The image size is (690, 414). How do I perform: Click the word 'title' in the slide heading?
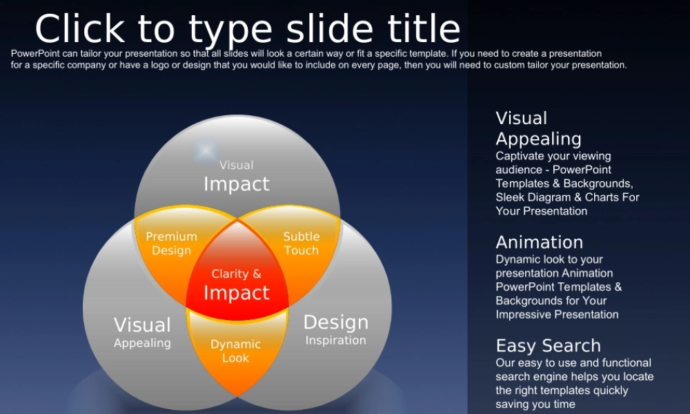(x=424, y=28)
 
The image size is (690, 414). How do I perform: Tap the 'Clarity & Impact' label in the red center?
(x=236, y=285)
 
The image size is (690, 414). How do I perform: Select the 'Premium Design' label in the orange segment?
(x=172, y=244)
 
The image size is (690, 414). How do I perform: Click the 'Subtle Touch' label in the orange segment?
(x=302, y=244)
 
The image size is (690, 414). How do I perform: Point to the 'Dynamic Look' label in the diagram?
(x=235, y=351)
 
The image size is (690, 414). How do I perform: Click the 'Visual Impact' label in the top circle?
(x=236, y=177)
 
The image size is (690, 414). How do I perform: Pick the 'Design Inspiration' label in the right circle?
(x=336, y=330)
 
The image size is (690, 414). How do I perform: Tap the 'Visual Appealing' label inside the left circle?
(x=142, y=332)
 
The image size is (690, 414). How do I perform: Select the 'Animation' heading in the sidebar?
(x=540, y=242)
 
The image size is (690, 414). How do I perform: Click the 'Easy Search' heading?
(x=549, y=346)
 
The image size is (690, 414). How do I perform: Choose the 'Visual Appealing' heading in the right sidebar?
(x=539, y=128)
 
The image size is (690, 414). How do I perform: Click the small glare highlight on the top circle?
(x=206, y=151)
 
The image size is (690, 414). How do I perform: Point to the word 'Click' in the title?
(x=79, y=28)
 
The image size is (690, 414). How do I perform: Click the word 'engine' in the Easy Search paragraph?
(x=549, y=377)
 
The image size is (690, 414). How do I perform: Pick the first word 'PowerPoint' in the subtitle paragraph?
(x=35, y=54)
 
